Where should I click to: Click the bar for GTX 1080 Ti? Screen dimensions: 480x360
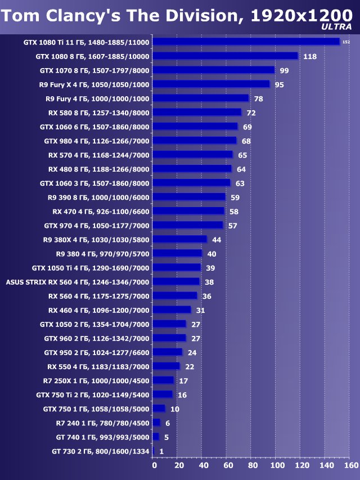click(246, 42)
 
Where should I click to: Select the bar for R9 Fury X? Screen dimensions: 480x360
click(211, 84)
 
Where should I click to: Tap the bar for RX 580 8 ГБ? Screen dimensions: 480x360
click(197, 112)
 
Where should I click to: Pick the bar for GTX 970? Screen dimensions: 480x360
click(188, 225)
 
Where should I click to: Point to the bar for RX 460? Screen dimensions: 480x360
click(172, 309)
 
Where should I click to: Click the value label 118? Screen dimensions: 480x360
click(310, 56)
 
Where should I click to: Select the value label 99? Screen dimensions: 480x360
click(284, 70)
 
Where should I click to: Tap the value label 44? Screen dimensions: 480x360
click(217, 240)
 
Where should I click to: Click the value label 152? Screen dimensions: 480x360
click(346, 42)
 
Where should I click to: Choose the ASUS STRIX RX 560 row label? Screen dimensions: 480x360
click(77, 281)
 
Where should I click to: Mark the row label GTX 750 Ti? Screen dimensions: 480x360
click(96, 394)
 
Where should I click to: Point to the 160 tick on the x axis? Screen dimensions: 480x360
click(350, 465)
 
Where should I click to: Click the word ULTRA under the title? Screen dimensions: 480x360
click(337, 26)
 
